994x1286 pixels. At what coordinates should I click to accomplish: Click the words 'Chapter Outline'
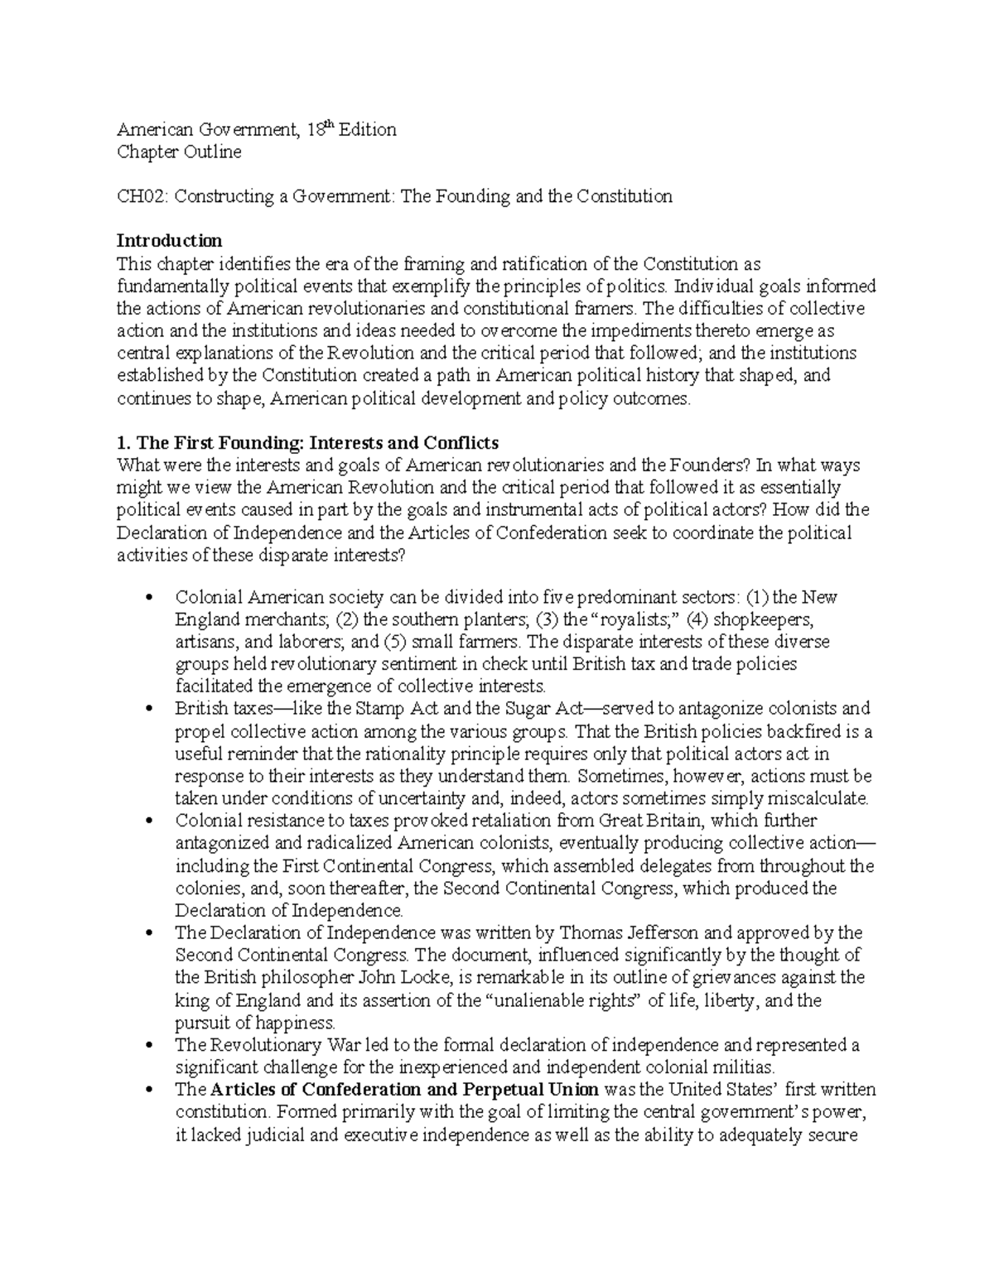point(179,152)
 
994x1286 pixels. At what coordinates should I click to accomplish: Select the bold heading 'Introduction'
point(169,241)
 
